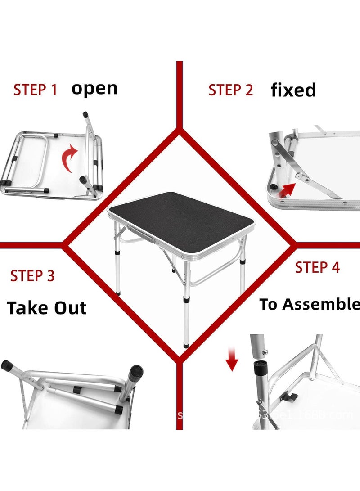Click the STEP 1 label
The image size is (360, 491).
point(35,90)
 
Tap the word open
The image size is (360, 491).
point(94,88)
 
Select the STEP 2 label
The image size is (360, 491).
point(230,90)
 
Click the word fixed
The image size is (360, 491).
point(293,90)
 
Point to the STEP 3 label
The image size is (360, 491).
point(32,275)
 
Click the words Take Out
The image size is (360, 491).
point(47,308)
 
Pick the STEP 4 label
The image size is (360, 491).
point(317,267)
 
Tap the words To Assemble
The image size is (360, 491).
point(310,304)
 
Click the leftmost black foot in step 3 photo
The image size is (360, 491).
point(8,365)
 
